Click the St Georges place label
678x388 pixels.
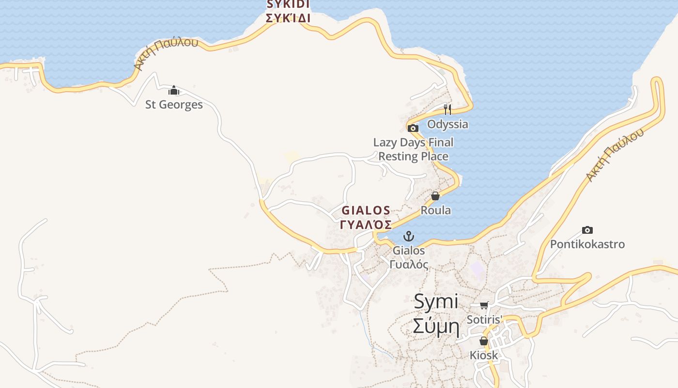pyautogui.click(x=174, y=104)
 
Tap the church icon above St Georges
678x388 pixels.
pyautogui.click(x=174, y=91)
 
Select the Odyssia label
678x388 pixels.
pyautogui.click(x=447, y=124)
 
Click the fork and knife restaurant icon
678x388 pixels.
pyautogui.click(x=447, y=109)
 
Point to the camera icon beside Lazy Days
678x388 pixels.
pyautogui.click(x=413, y=129)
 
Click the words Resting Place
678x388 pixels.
pyautogui.click(x=413, y=156)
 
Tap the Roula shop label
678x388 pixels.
pyautogui.click(x=436, y=210)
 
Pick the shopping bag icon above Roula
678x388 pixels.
pyautogui.click(x=435, y=196)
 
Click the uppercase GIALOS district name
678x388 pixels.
pyautogui.click(x=366, y=210)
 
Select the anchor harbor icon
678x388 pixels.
pyautogui.click(x=409, y=236)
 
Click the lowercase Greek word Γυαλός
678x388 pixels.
pyautogui.click(x=409, y=265)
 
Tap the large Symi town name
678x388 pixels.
pyautogui.click(x=436, y=302)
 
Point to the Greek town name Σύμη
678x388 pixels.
pyautogui.click(x=436, y=327)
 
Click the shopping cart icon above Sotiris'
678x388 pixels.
pyautogui.click(x=484, y=305)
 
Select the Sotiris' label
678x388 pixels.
pyautogui.click(x=484, y=319)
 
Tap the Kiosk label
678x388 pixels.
pyautogui.click(x=484, y=355)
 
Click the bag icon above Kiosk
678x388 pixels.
pyautogui.click(x=484, y=341)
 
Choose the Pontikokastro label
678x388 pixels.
pyautogui.click(x=587, y=244)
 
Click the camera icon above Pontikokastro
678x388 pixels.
pyautogui.click(x=587, y=230)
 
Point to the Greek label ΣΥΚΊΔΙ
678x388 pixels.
pyautogui.click(x=288, y=18)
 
